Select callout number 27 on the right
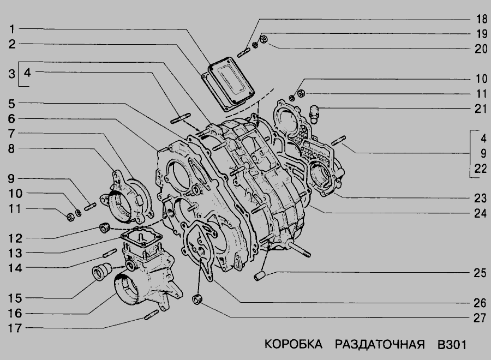coord(480,318)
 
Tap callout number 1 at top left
coord(12,29)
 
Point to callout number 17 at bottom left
coord(15,328)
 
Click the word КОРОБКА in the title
coord(294,344)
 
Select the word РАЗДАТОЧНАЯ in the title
coord(380,344)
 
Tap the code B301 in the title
coord(452,344)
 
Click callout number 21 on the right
coord(481,109)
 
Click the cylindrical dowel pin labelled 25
coord(260,276)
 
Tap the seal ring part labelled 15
coord(102,272)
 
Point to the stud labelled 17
coord(152,314)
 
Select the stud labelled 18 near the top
coord(243,52)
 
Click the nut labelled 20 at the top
coord(264,39)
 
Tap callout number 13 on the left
coord(15,253)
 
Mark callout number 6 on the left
coord(11,118)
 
